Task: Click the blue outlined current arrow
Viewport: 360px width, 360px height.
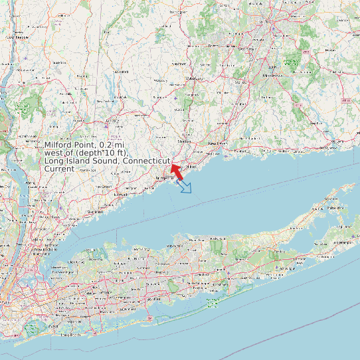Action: [x=185, y=187]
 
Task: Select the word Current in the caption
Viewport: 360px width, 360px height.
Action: [x=59, y=169]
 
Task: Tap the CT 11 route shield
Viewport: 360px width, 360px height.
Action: [x=345, y=100]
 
